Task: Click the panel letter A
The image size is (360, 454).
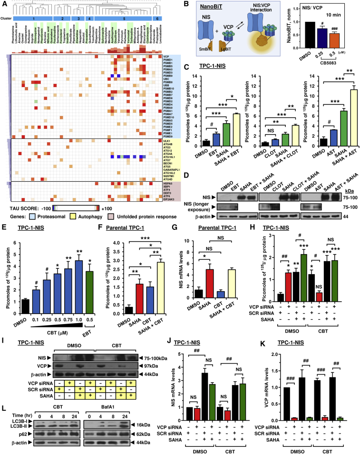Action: coord(4,4)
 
